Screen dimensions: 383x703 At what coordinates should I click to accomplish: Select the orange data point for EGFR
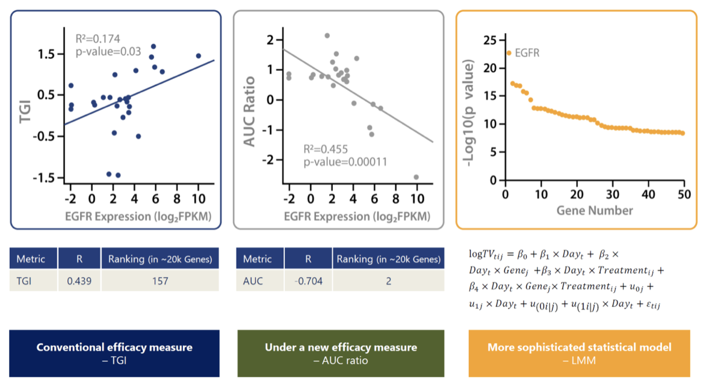pyautogui.click(x=509, y=53)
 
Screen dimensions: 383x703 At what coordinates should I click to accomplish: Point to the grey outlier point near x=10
pyautogui.click(x=416, y=177)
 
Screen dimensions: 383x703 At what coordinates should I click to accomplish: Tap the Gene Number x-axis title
pyautogui.click(x=595, y=210)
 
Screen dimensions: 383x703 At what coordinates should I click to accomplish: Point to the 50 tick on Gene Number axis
pyautogui.click(x=684, y=194)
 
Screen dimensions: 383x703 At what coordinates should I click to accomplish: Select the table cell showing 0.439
pyautogui.click(x=79, y=280)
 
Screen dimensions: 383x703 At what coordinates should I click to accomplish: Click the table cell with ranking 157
pyautogui.click(x=159, y=280)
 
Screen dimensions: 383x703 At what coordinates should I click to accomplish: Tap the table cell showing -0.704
pyautogui.click(x=308, y=280)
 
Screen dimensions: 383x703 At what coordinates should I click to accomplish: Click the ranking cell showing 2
pyautogui.click(x=388, y=280)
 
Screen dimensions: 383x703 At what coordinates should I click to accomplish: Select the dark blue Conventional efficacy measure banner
pyautogui.click(x=114, y=353)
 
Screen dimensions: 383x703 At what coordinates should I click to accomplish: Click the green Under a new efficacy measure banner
pyautogui.click(x=341, y=353)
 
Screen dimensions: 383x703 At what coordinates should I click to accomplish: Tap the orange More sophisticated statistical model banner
pyautogui.click(x=579, y=353)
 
